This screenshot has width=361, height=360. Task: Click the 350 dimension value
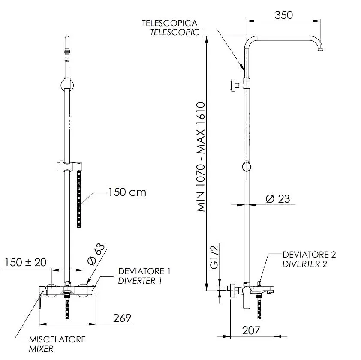tap(284, 15)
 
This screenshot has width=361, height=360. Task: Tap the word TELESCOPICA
tap(170, 23)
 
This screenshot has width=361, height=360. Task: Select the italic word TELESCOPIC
tap(174, 32)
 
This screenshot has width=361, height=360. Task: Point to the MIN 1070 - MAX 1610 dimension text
tap(201, 157)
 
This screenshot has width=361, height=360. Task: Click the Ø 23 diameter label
tap(278, 199)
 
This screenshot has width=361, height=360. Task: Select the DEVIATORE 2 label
tap(309, 255)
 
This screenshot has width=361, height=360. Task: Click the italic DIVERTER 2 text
tap(304, 264)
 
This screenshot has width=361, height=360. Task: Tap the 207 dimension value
tap(251, 330)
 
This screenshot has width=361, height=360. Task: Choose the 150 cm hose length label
tap(127, 192)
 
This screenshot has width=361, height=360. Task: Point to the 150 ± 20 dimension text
tap(26, 262)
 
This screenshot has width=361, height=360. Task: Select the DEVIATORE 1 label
tap(144, 271)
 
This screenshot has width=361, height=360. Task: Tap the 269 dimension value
tap(122, 318)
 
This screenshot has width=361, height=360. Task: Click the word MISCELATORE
tap(57, 339)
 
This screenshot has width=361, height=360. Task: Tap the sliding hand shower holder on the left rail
tap(69, 167)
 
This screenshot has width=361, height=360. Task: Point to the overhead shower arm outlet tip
tap(320, 49)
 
